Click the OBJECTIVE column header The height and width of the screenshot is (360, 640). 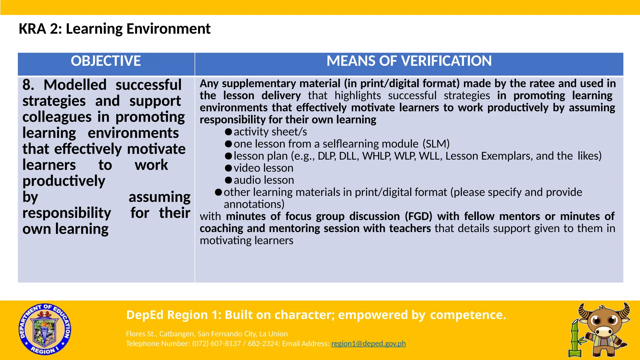tap(106, 61)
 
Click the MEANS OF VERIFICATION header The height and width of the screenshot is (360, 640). tap(409, 61)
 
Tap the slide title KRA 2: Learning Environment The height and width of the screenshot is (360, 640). tap(114, 29)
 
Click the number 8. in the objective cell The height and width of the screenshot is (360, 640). tap(28, 85)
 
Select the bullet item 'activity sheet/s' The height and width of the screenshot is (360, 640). tap(270, 132)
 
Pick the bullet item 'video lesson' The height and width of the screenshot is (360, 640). tap(263, 168)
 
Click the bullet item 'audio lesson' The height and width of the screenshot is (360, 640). tap(264, 180)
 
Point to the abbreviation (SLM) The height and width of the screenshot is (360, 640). tap(436, 144)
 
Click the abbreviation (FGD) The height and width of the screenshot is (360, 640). tap(418, 216)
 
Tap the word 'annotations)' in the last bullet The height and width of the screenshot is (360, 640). tap(254, 204)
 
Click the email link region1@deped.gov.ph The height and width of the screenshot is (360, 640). tap(368, 344)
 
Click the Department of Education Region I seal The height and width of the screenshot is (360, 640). tap(45, 329)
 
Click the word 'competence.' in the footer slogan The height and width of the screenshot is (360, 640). tap(468, 315)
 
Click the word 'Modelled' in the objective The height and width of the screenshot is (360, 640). tap(75, 85)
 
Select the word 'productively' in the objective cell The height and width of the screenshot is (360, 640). tap(64, 181)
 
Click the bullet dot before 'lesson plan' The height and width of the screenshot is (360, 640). tap(228, 156)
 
